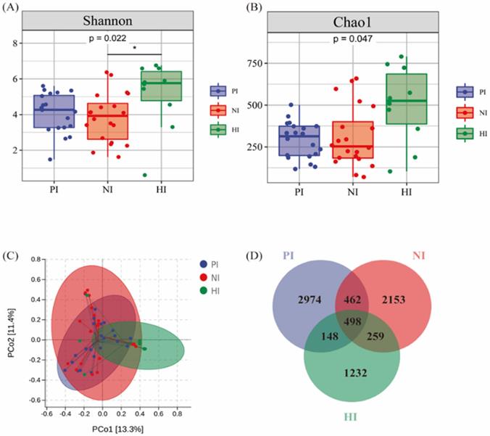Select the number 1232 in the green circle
[360, 374]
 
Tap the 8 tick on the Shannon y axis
[15, 44]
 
